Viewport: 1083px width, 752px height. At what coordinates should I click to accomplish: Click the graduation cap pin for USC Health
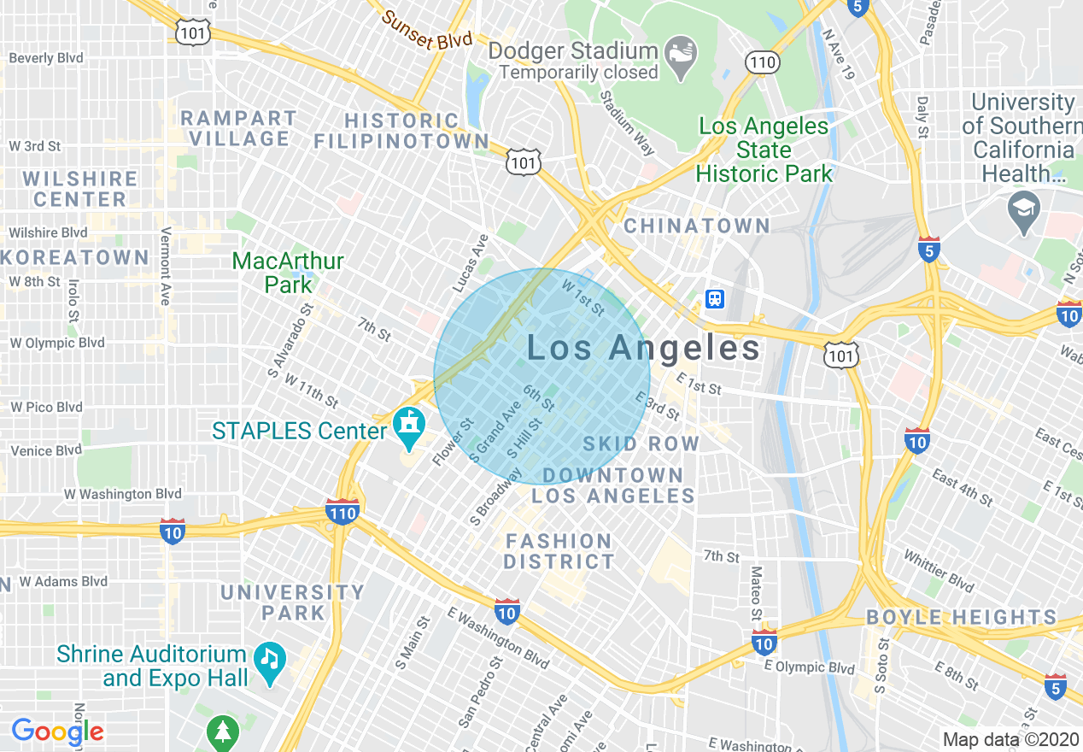pyautogui.click(x=1022, y=210)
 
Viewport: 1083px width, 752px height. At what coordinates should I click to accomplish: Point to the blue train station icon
pyautogui.click(x=715, y=298)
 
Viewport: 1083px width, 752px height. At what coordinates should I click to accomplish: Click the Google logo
pyautogui.click(x=57, y=731)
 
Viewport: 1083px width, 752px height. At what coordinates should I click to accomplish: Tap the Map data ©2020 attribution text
pyautogui.click(x=1010, y=739)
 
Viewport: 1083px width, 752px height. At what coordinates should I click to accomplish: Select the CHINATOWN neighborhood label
pyautogui.click(x=697, y=226)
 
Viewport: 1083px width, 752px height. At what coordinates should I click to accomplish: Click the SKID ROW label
pyautogui.click(x=641, y=444)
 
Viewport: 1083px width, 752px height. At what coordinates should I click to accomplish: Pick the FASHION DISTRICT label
pyautogui.click(x=559, y=551)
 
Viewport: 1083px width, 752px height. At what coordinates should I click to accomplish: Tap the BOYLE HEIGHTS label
pyautogui.click(x=961, y=617)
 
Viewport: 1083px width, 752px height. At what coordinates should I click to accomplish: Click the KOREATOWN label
pyautogui.click(x=75, y=258)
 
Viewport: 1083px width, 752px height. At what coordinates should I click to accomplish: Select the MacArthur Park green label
pyautogui.click(x=288, y=272)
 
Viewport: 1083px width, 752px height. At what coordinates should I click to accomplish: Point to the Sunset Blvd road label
pyautogui.click(x=427, y=30)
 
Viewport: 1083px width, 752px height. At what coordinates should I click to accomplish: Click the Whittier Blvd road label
pyautogui.click(x=939, y=572)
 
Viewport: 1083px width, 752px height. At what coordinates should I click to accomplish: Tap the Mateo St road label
pyautogui.click(x=756, y=593)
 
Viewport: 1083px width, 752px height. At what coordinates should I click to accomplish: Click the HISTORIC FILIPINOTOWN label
pyautogui.click(x=401, y=131)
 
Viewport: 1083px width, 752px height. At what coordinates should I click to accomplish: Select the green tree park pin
pyautogui.click(x=223, y=731)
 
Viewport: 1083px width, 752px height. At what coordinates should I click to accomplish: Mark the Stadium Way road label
pyautogui.click(x=627, y=123)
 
